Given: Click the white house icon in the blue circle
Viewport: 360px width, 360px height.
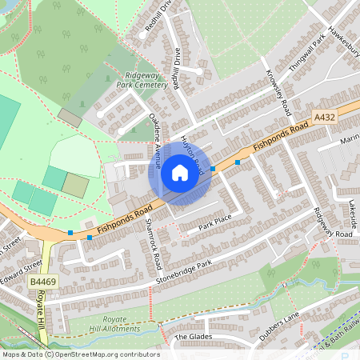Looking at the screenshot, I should [180, 173].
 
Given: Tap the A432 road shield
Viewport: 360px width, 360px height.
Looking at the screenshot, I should [323, 117].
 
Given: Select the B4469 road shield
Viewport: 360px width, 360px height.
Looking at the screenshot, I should [43, 282].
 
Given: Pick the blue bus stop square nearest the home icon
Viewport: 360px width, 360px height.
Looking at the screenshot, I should [213, 168].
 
